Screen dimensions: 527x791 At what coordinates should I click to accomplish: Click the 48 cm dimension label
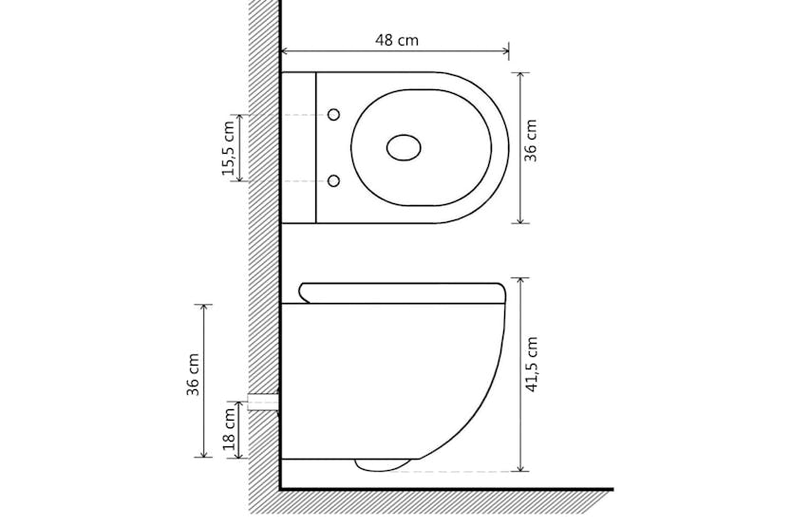(x=395, y=40)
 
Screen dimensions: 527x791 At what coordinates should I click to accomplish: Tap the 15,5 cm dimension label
(x=228, y=147)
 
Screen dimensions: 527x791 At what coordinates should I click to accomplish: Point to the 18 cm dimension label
(x=229, y=428)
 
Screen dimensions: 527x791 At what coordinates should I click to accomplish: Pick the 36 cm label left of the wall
(x=194, y=373)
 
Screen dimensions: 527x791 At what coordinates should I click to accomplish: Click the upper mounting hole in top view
(x=333, y=115)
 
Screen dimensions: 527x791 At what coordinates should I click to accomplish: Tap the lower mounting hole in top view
(x=333, y=180)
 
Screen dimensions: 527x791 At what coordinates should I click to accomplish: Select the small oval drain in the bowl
(x=405, y=147)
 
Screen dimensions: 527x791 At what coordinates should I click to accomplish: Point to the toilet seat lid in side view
(x=399, y=290)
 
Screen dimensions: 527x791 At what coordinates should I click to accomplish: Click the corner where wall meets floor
(x=282, y=490)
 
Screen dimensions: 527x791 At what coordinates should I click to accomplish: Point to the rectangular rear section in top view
(x=298, y=147)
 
